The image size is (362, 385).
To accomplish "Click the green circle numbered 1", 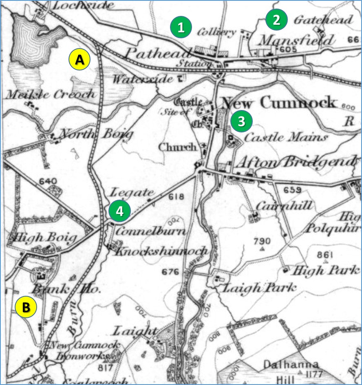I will pyautogui.click(x=182, y=27).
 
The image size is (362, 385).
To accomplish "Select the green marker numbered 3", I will pyautogui.click(x=241, y=121).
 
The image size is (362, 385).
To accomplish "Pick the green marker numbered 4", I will pyautogui.click(x=119, y=211).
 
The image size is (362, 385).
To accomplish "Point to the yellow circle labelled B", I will pyautogui.click(x=26, y=307).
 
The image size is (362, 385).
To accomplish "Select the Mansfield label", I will pyautogui.click(x=296, y=40).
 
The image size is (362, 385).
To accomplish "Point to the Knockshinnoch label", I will pyautogui.click(x=161, y=251).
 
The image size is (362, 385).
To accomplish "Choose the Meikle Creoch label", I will pyautogui.click(x=51, y=95).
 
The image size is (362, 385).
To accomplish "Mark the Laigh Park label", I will pyautogui.click(x=258, y=288).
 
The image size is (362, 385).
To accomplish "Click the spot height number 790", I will pyautogui.click(x=262, y=240).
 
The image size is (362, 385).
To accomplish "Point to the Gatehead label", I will pyautogui.click(x=323, y=20).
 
